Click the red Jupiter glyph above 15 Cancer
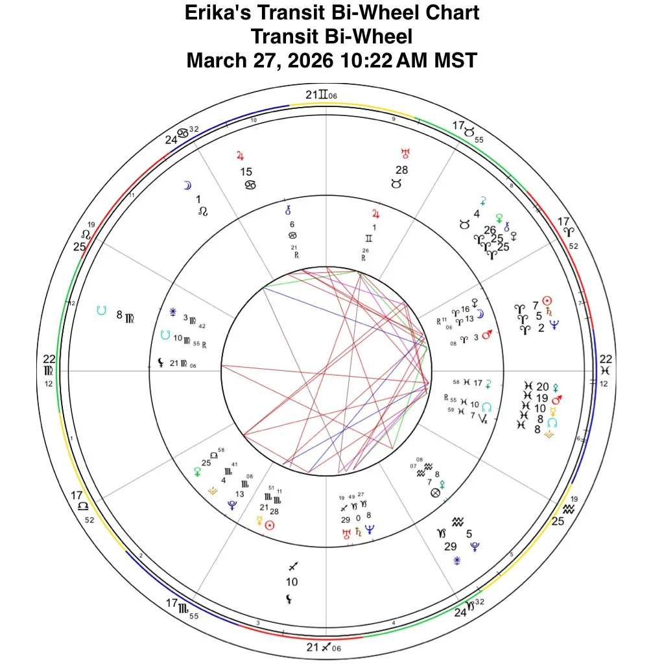241,156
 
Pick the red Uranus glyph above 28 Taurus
405,154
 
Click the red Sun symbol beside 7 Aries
548,300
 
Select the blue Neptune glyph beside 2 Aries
554,326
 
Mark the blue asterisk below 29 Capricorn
456,560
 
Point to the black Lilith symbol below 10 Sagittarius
288,599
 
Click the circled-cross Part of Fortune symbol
434,493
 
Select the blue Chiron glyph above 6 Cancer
287,209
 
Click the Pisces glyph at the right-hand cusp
605,371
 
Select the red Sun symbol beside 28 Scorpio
270,525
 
